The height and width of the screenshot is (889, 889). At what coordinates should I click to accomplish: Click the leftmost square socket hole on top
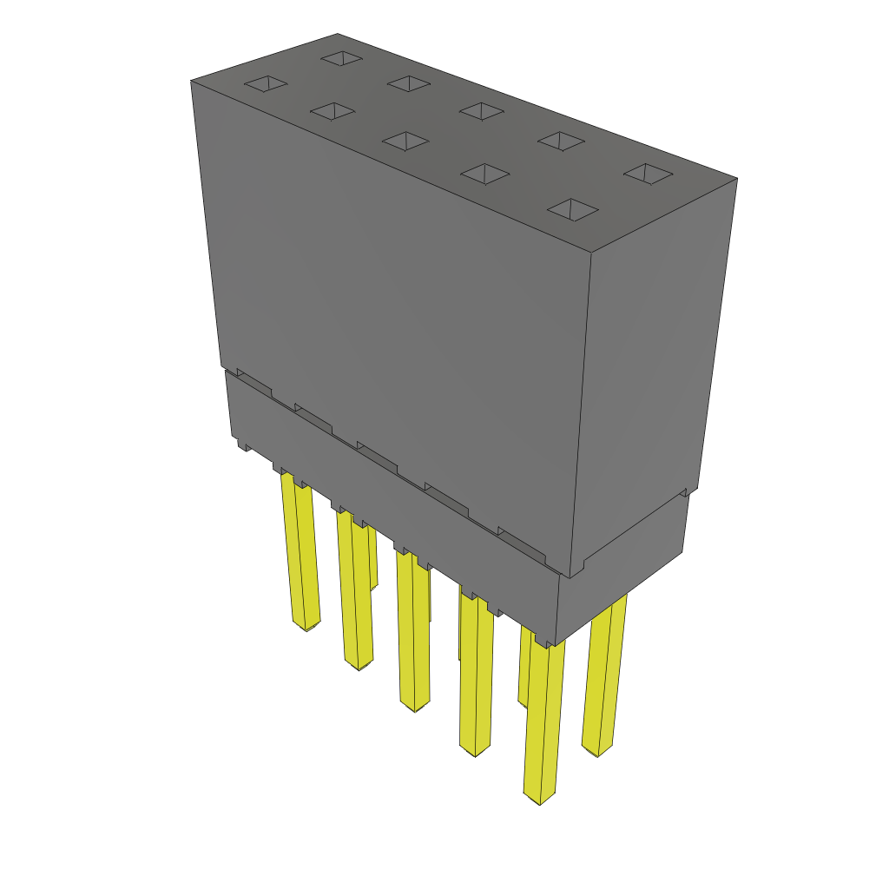pos(266,83)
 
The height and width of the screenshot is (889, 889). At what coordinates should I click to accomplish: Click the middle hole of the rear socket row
pos(482,111)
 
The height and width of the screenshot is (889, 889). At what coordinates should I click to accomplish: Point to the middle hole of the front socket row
pos(405,141)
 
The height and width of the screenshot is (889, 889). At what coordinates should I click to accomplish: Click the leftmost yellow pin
pos(300,556)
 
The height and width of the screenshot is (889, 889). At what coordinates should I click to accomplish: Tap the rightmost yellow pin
pos(604,677)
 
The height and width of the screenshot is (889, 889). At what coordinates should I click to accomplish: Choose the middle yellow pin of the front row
pos(413,634)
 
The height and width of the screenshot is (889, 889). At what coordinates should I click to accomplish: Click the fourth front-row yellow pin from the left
pos(476,677)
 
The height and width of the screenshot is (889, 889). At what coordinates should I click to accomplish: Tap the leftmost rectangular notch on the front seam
pos(254,382)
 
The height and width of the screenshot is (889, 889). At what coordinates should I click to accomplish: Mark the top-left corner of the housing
pos(191,81)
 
